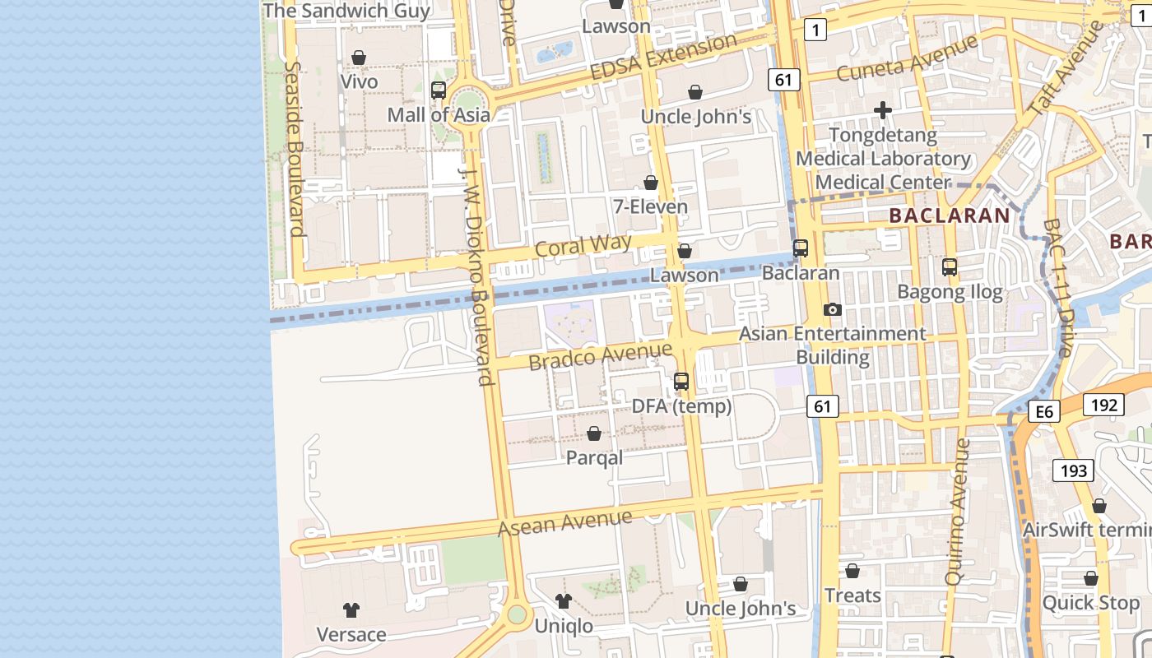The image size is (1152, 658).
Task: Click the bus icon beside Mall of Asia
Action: pos(439,90)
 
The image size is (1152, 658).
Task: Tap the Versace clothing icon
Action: pos(351,610)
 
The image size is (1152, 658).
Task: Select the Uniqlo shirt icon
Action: pos(563,601)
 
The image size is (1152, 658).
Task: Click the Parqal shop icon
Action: pos(594,433)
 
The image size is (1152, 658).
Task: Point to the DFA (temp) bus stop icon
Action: pos(681,382)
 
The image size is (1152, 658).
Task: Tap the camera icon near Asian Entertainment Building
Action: pos(833,309)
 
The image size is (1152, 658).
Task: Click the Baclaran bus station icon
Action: pos(801,248)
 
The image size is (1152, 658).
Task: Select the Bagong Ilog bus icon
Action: pos(950,267)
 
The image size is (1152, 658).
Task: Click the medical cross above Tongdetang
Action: pos(883,110)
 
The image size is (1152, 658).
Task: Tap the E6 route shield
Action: pos(1043,412)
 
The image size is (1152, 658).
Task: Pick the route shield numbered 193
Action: pos(1074,471)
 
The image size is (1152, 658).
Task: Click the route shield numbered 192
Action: pos(1103,405)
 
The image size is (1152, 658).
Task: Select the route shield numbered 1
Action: pos(815,30)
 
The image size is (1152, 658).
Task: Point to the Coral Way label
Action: pos(583,244)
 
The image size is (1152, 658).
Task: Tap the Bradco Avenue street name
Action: pos(601,356)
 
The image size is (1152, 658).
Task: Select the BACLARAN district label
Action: pos(950,216)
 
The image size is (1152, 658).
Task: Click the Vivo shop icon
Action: pos(359,58)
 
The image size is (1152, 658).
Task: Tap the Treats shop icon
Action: pos(852,571)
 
